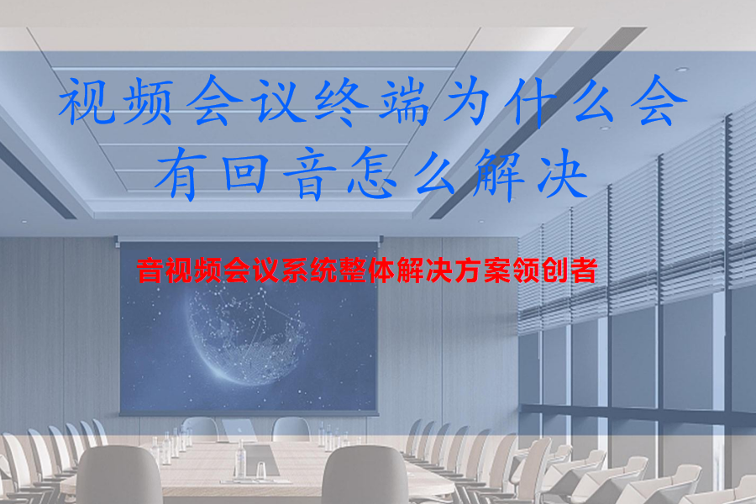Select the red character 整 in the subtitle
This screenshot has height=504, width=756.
tap(365, 272)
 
